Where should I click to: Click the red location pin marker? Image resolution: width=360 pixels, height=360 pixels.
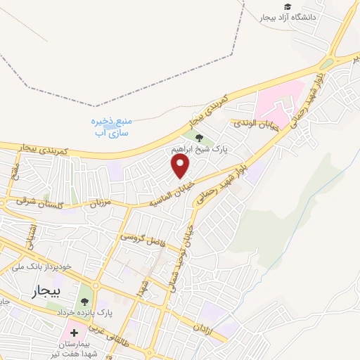pyautogui.click(x=181, y=166)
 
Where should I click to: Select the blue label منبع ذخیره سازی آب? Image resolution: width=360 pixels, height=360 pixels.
pyautogui.click(x=114, y=127)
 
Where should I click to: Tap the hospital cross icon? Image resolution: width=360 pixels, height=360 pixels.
pyautogui.click(x=75, y=331)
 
